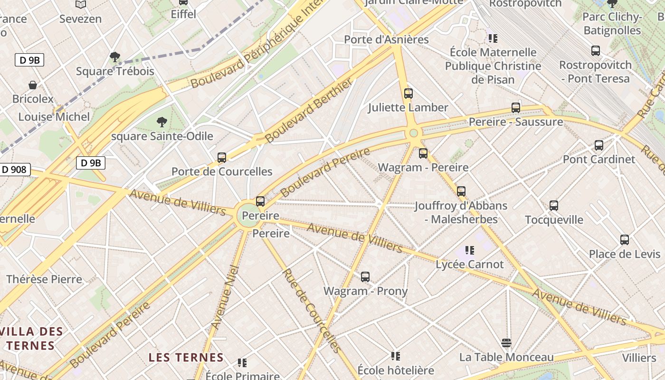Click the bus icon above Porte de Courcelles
(x=222, y=158)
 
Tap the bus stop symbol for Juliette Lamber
(x=408, y=94)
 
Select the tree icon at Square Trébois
(x=114, y=57)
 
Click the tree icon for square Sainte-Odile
(x=162, y=122)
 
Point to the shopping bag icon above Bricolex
(x=33, y=85)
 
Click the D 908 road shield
(x=14, y=169)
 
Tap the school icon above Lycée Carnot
(x=470, y=250)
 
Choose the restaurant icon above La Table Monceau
(x=506, y=343)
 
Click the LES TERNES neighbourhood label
(x=186, y=357)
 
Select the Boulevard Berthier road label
(x=309, y=111)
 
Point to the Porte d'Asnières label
(x=386, y=39)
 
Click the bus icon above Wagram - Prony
(x=365, y=277)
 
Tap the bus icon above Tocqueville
(x=554, y=206)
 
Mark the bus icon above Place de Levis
(x=625, y=240)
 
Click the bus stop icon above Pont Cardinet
(x=599, y=145)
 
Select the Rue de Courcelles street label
(x=312, y=311)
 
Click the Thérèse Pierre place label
(x=44, y=279)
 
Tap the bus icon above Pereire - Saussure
(x=516, y=108)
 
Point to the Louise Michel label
(x=54, y=117)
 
